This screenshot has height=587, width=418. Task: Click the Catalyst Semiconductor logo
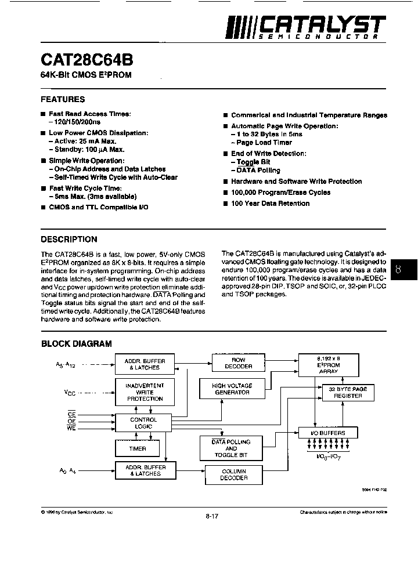click(x=305, y=27)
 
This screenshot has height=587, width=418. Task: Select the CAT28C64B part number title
click(x=86, y=60)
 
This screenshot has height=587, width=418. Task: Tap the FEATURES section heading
click(x=63, y=99)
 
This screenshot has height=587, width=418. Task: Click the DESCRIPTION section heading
click(x=69, y=239)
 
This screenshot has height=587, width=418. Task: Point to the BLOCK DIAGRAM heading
click(x=76, y=343)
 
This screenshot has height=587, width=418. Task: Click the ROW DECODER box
click(x=239, y=364)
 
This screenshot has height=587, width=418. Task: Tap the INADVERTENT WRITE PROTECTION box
click(x=145, y=392)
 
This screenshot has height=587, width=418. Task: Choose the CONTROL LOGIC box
click(x=143, y=423)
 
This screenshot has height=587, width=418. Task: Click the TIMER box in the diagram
click(x=138, y=448)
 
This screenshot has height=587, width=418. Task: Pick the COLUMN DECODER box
click(x=234, y=474)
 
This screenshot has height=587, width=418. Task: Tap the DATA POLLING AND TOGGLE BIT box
click(x=231, y=448)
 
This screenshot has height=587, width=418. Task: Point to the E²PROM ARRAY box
click(x=328, y=365)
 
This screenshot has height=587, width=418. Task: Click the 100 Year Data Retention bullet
click(x=270, y=204)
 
